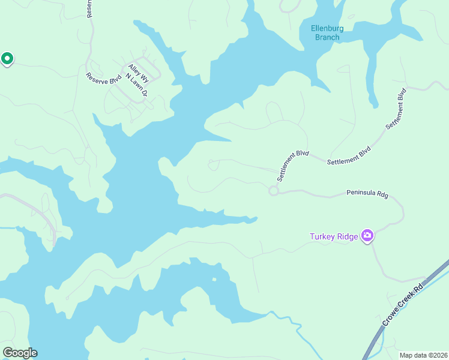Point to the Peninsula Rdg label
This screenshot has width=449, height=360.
[x=367, y=194]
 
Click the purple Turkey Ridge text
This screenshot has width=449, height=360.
[x=334, y=236]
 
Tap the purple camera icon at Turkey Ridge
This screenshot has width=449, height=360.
[x=367, y=236]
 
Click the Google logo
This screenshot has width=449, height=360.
[x=20, y=353]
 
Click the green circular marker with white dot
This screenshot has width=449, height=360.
[x=7, y=59]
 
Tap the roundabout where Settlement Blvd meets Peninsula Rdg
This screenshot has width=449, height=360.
[x=274, y=191]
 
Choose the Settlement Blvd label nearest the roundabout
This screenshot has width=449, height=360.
[x=292, y=166]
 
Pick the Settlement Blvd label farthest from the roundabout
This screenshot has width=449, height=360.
[x=397, y=109]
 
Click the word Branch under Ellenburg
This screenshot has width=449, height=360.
[x=327, y=37]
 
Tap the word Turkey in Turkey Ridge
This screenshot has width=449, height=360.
[x=322, y=236]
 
